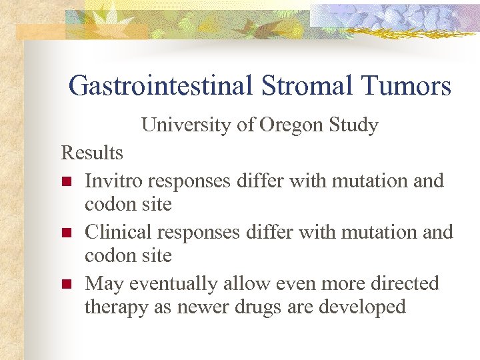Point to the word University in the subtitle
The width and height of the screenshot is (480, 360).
[x=180, y=125]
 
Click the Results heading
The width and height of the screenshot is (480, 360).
[x=92, y=153]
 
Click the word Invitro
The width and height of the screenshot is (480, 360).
[x=114, y=181]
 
